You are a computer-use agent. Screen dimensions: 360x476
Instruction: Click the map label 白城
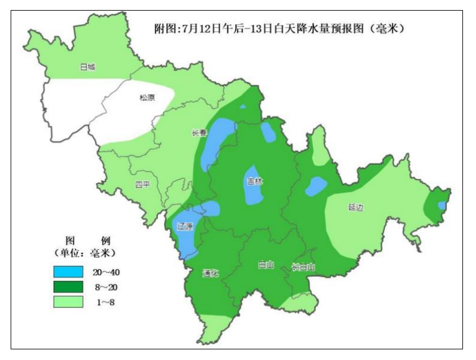88,67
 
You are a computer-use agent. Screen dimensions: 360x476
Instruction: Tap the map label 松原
147,98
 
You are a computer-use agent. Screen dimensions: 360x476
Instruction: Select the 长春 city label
199,133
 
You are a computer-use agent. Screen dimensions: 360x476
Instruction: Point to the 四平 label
143,184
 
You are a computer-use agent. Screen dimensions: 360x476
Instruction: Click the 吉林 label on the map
255,181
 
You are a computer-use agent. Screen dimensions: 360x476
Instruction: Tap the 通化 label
211,273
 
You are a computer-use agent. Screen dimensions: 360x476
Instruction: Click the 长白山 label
303,267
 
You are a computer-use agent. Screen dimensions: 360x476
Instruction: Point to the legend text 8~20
107,287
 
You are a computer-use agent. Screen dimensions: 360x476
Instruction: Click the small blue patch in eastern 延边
441,205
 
